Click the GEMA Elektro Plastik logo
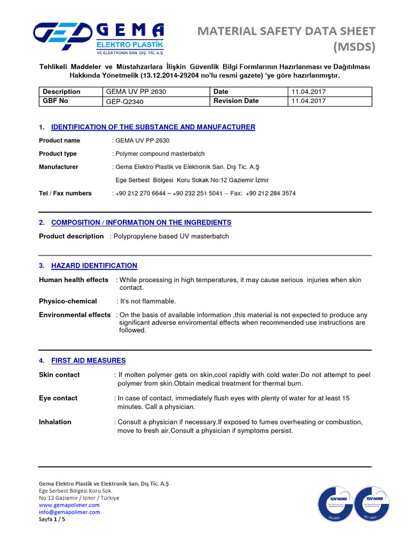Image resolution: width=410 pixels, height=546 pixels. (98, 39)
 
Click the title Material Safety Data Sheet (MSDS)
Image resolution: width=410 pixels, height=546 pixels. (286, 39)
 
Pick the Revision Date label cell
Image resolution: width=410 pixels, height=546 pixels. (236, 101)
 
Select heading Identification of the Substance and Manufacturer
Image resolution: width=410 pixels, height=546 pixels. (153, 127)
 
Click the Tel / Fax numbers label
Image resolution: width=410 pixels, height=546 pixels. (65, 194)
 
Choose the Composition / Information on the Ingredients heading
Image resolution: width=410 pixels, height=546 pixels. (141, 222)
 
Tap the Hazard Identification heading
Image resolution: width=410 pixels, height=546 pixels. (94, 266)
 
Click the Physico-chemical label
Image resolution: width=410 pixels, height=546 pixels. (68, 301)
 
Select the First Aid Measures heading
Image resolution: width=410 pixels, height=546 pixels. (88, 360)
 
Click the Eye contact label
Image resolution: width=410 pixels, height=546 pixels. (58, 398)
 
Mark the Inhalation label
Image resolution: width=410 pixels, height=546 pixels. (55, 422)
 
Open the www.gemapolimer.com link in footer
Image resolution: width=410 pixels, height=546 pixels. (69, 505)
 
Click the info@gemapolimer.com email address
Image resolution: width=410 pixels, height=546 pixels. (69, 512)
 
